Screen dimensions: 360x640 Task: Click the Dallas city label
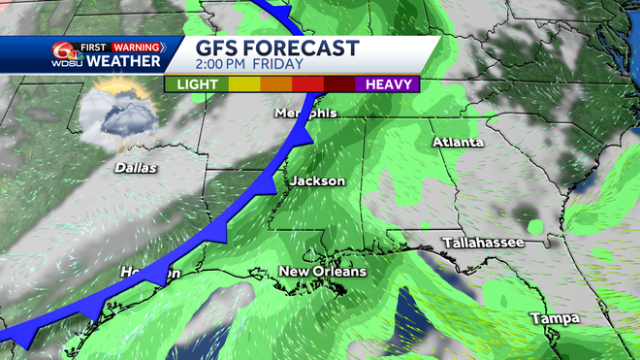click(x=136, y=168)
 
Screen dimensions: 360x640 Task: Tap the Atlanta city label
click(x=458, y=143)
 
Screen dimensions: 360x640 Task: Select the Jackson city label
click(x=317, y=181)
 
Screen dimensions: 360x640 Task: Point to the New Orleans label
click(x=323, y=272)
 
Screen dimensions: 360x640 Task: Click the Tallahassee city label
click(x=482, y=242)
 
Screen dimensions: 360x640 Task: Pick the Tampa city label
click(x=555, y=318)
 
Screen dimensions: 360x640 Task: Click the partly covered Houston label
click(x=150, y=274)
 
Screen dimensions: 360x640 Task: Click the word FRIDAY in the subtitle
click(x=293, y=66)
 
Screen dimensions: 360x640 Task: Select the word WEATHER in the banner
click(x=124, y=62)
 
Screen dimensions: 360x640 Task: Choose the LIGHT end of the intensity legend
click(x=197, y=83)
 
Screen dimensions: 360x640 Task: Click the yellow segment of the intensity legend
click(x=243, y=83)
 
